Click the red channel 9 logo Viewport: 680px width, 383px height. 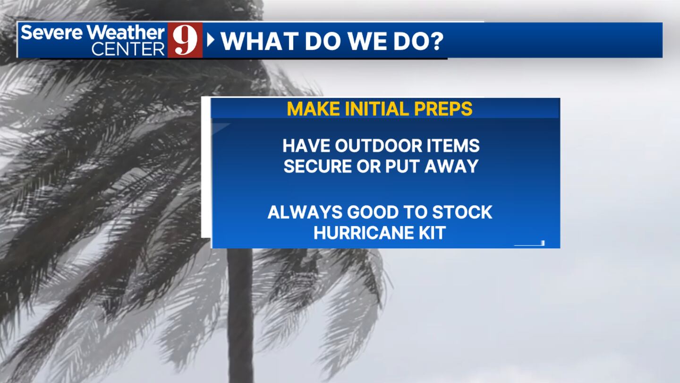tap(185, 40)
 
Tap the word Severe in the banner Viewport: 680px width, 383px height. tap(51, 32)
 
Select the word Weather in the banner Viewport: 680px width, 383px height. tap(126, 32)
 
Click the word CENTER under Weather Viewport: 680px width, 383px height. tap(128, 49)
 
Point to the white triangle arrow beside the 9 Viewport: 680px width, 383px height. tap(211, 40)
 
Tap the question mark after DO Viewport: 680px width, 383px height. tap(436, 41)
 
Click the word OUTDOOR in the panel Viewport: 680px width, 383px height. tap(378, 146)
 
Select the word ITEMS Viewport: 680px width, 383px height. tap(453, 146)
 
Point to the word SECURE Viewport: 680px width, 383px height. tap(317, 166)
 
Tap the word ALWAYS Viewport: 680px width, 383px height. tap(305, 212)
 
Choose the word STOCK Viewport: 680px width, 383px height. tap(462, 212)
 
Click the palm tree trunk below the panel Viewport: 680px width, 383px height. tap(240, 313)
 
